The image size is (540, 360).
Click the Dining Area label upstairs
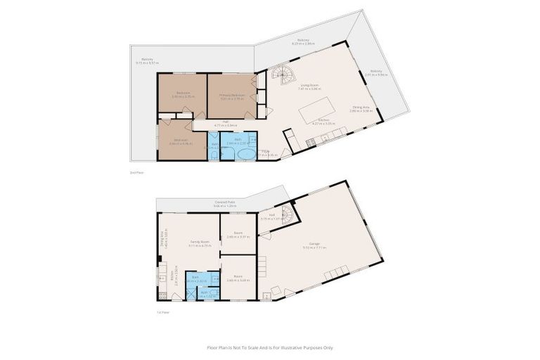pos(362,107)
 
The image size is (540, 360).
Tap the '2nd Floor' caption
pos(136,172)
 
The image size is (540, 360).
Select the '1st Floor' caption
pos(164,312)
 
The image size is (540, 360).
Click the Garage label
pos(311,244)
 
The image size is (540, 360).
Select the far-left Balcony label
pos(147,59)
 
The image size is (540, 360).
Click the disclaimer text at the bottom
pos(270,347)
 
